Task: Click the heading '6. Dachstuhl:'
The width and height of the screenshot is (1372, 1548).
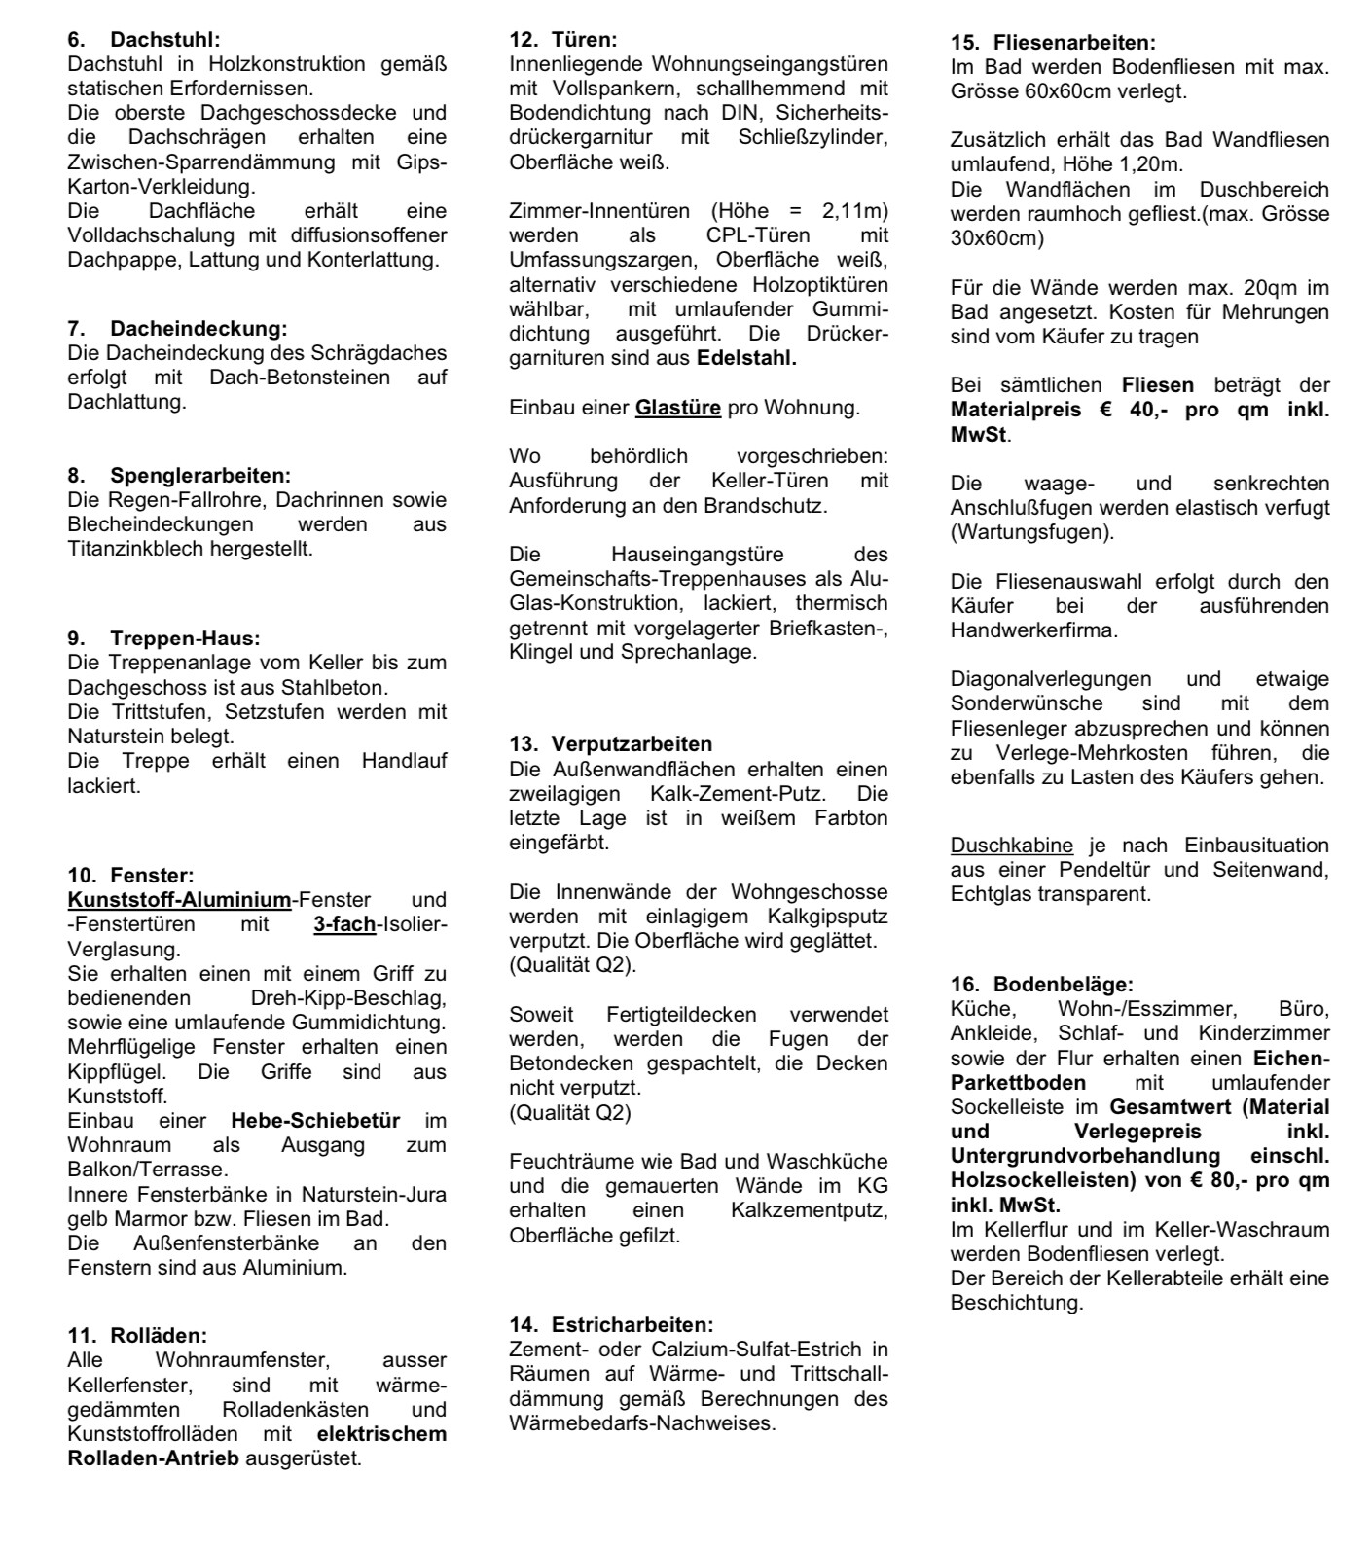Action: coord(144,40)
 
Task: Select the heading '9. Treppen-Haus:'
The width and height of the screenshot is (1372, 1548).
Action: coord(163,638)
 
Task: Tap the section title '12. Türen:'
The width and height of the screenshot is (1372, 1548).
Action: coord(563,40)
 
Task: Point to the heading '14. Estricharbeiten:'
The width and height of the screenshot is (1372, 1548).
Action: coord(611,1324)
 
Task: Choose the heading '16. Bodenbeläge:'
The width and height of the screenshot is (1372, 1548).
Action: coord(1042,984)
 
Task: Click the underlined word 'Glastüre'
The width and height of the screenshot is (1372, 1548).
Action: coord(678,408)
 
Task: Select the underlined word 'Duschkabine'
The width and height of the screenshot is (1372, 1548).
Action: coord(1012,845)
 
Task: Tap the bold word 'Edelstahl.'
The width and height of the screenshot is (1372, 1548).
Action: coord(746,358)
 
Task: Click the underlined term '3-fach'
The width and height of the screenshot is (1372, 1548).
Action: coord(344,924)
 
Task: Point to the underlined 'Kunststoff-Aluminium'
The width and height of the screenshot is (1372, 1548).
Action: coord(179,900)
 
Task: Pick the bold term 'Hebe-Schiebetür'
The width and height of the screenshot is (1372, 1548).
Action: coord(315,1120)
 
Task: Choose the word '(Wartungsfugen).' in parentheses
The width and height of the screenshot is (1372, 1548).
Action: coord(1032,532)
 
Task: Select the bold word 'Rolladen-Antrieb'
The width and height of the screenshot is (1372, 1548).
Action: coord(153,1458)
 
